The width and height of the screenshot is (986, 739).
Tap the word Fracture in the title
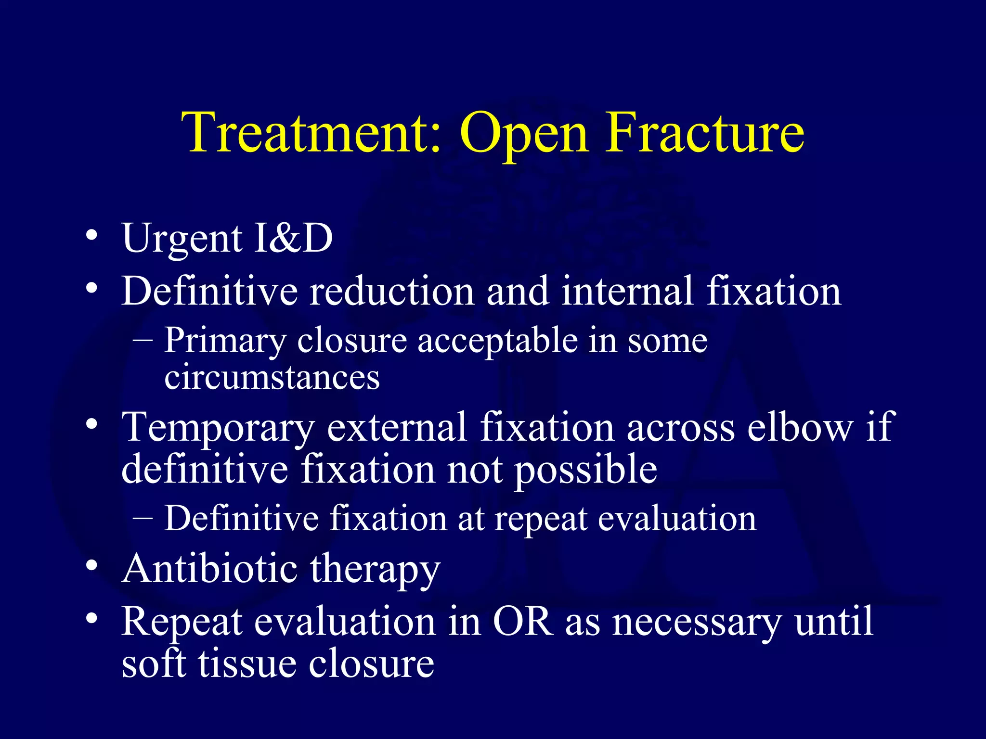point(704,133)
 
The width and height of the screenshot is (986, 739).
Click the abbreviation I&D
point(293,238)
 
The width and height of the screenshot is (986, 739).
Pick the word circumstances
point(272,378)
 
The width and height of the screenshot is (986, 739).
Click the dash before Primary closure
point(143,340)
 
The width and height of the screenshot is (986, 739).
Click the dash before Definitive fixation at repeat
point(143,518)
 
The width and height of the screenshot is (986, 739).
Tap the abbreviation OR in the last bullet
point(523,621)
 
